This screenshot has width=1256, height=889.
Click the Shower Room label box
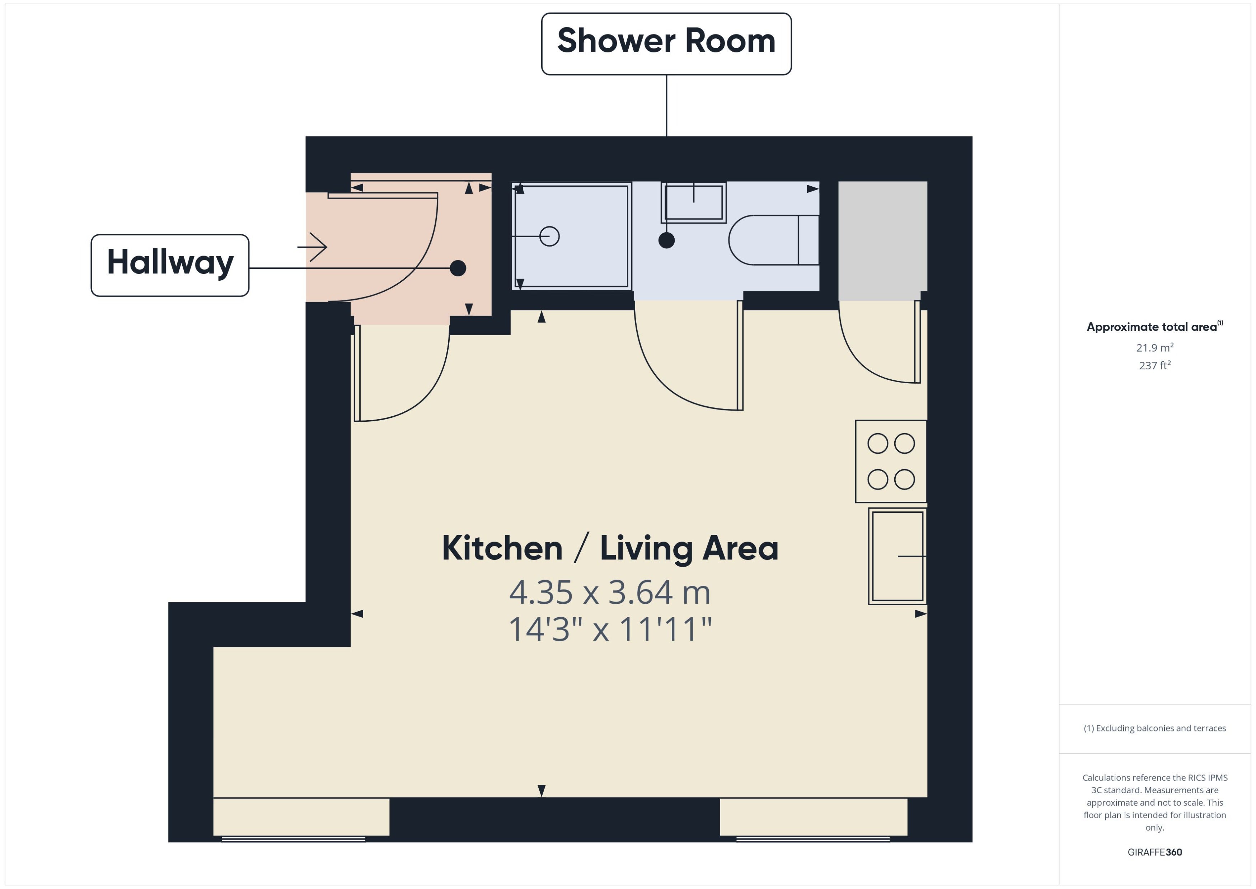[x=666, y=44]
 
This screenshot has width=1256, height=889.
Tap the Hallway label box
[x=170, y=266]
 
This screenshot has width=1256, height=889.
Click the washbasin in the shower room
[x=693, y=202]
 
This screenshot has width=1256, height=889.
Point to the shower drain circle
[x=549, y=237]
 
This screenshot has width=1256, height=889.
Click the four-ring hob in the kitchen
[x=891, y=462]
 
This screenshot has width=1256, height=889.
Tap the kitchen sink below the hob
[x=898, y=556]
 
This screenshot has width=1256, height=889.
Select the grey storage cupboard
[x=883, y=241]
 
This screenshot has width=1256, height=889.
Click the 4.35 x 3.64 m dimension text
[x=610, y=592]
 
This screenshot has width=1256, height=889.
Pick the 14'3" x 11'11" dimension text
[x=610, y=629]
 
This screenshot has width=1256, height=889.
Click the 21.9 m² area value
[x=1155, y=348]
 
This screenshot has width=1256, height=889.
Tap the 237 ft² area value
[x=1155, y=365]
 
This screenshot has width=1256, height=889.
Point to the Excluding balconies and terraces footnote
[x=1155, y=728]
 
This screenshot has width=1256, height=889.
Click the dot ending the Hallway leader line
[x=458, y=268]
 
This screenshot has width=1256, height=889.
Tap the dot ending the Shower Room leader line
[x=666, y=240]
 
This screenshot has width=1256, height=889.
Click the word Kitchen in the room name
[x=502, y=548]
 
